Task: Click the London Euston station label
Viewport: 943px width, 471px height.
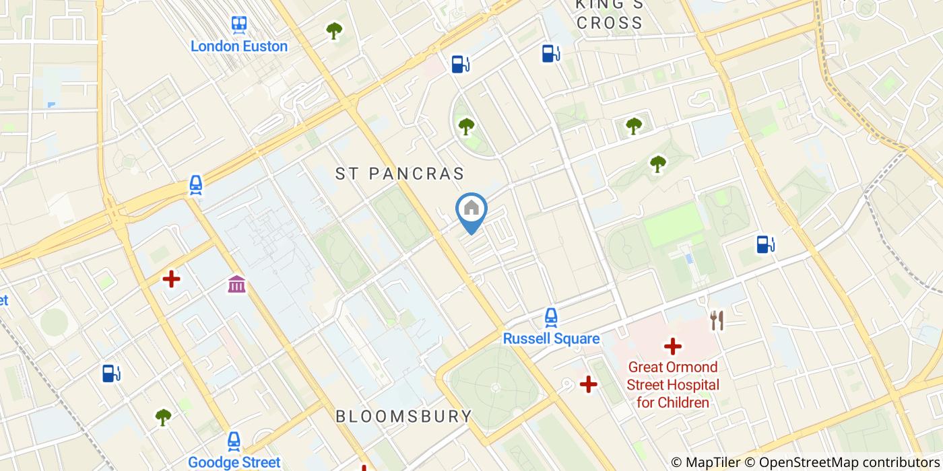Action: (238, 46)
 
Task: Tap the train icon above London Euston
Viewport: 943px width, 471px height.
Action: (238, 26)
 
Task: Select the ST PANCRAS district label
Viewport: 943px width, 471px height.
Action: (400, 174)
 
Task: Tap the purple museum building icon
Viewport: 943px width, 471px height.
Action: (236, 284)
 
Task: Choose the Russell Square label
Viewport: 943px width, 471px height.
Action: (551, 338)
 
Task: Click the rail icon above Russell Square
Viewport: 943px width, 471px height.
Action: (551, 317)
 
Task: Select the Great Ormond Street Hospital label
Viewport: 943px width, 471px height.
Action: (673, 385)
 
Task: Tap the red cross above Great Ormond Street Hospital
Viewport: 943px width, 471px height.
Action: (672, 347)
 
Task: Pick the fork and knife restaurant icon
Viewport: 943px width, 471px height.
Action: (717, 320)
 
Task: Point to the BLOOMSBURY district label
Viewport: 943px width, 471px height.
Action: (404, 416)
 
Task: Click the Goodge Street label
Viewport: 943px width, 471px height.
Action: (234, 462)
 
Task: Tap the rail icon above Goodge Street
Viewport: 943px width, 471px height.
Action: (234, 441)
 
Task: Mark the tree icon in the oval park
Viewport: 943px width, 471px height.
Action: (466, 126)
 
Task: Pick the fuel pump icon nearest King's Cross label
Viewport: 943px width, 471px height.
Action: (551, 53)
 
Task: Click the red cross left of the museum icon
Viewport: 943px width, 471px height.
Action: (171, 279)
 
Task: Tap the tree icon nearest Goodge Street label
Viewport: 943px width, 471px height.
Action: (163, 417)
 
